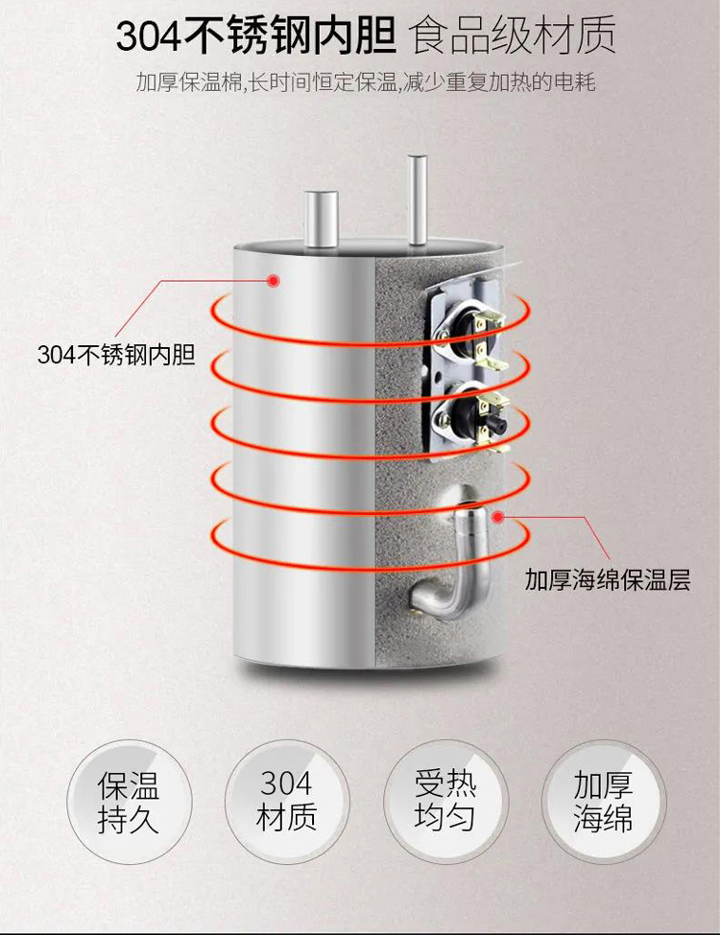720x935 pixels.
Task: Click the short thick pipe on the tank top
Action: tap(321, 222)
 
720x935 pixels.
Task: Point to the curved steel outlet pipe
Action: tap(462, 556)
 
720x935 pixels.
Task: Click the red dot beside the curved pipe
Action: tap(500, 517)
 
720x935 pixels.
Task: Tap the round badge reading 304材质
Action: tap(286, 802)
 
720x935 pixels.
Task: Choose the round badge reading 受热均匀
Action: tap(444, 802)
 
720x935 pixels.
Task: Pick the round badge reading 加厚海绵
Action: tap(603, 802)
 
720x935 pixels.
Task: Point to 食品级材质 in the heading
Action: tap(513, 38)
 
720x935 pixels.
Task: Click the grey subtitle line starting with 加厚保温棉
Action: tap(365, 82)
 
